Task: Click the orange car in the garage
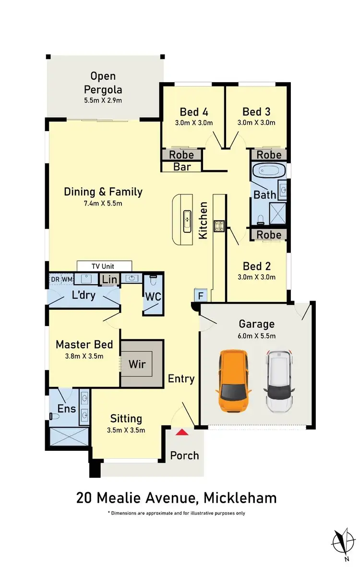point(235,381)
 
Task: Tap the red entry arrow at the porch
point(181,433)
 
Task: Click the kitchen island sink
point(187,222)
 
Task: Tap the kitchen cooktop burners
point(219,226)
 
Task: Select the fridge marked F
point(199,295)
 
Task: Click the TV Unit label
point(104,266)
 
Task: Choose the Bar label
point(182,167)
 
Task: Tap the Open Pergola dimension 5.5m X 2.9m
point(103,100)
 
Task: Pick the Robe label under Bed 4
point(181,155)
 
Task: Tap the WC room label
point(153,297)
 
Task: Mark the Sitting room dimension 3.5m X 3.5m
point(126,430)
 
